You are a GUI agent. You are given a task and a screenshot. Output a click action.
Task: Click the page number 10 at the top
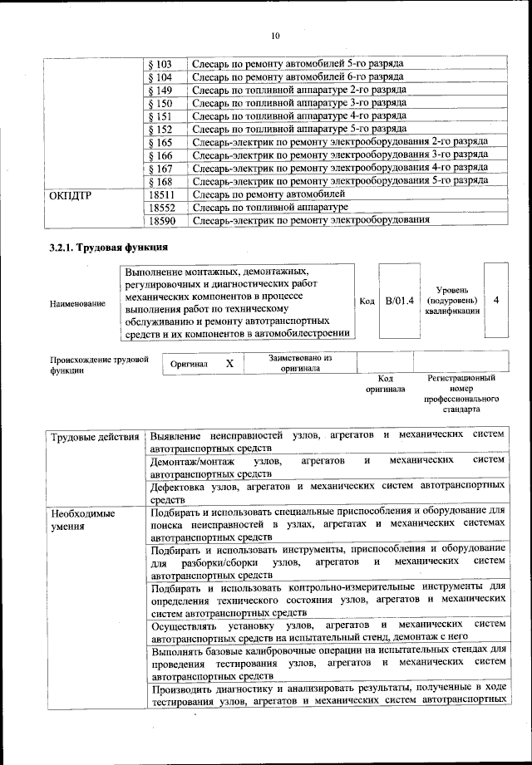(x=274, y=35)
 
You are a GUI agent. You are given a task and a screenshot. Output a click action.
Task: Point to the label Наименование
(x=77, y=304)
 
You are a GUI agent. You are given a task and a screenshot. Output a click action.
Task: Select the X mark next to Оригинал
(x=229, y=364)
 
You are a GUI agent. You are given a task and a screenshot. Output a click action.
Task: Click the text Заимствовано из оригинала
(x=301, y=363)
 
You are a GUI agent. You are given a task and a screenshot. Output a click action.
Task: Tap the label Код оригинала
(x=385, y=383)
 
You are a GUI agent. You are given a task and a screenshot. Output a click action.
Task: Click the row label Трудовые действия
(x=95, y=436)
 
